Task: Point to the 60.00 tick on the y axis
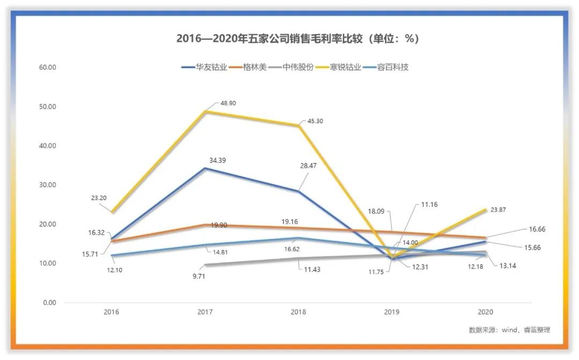48,67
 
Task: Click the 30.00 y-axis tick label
48,185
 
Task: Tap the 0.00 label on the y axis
49,303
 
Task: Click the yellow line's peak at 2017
205,111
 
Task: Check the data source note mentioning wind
509,330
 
